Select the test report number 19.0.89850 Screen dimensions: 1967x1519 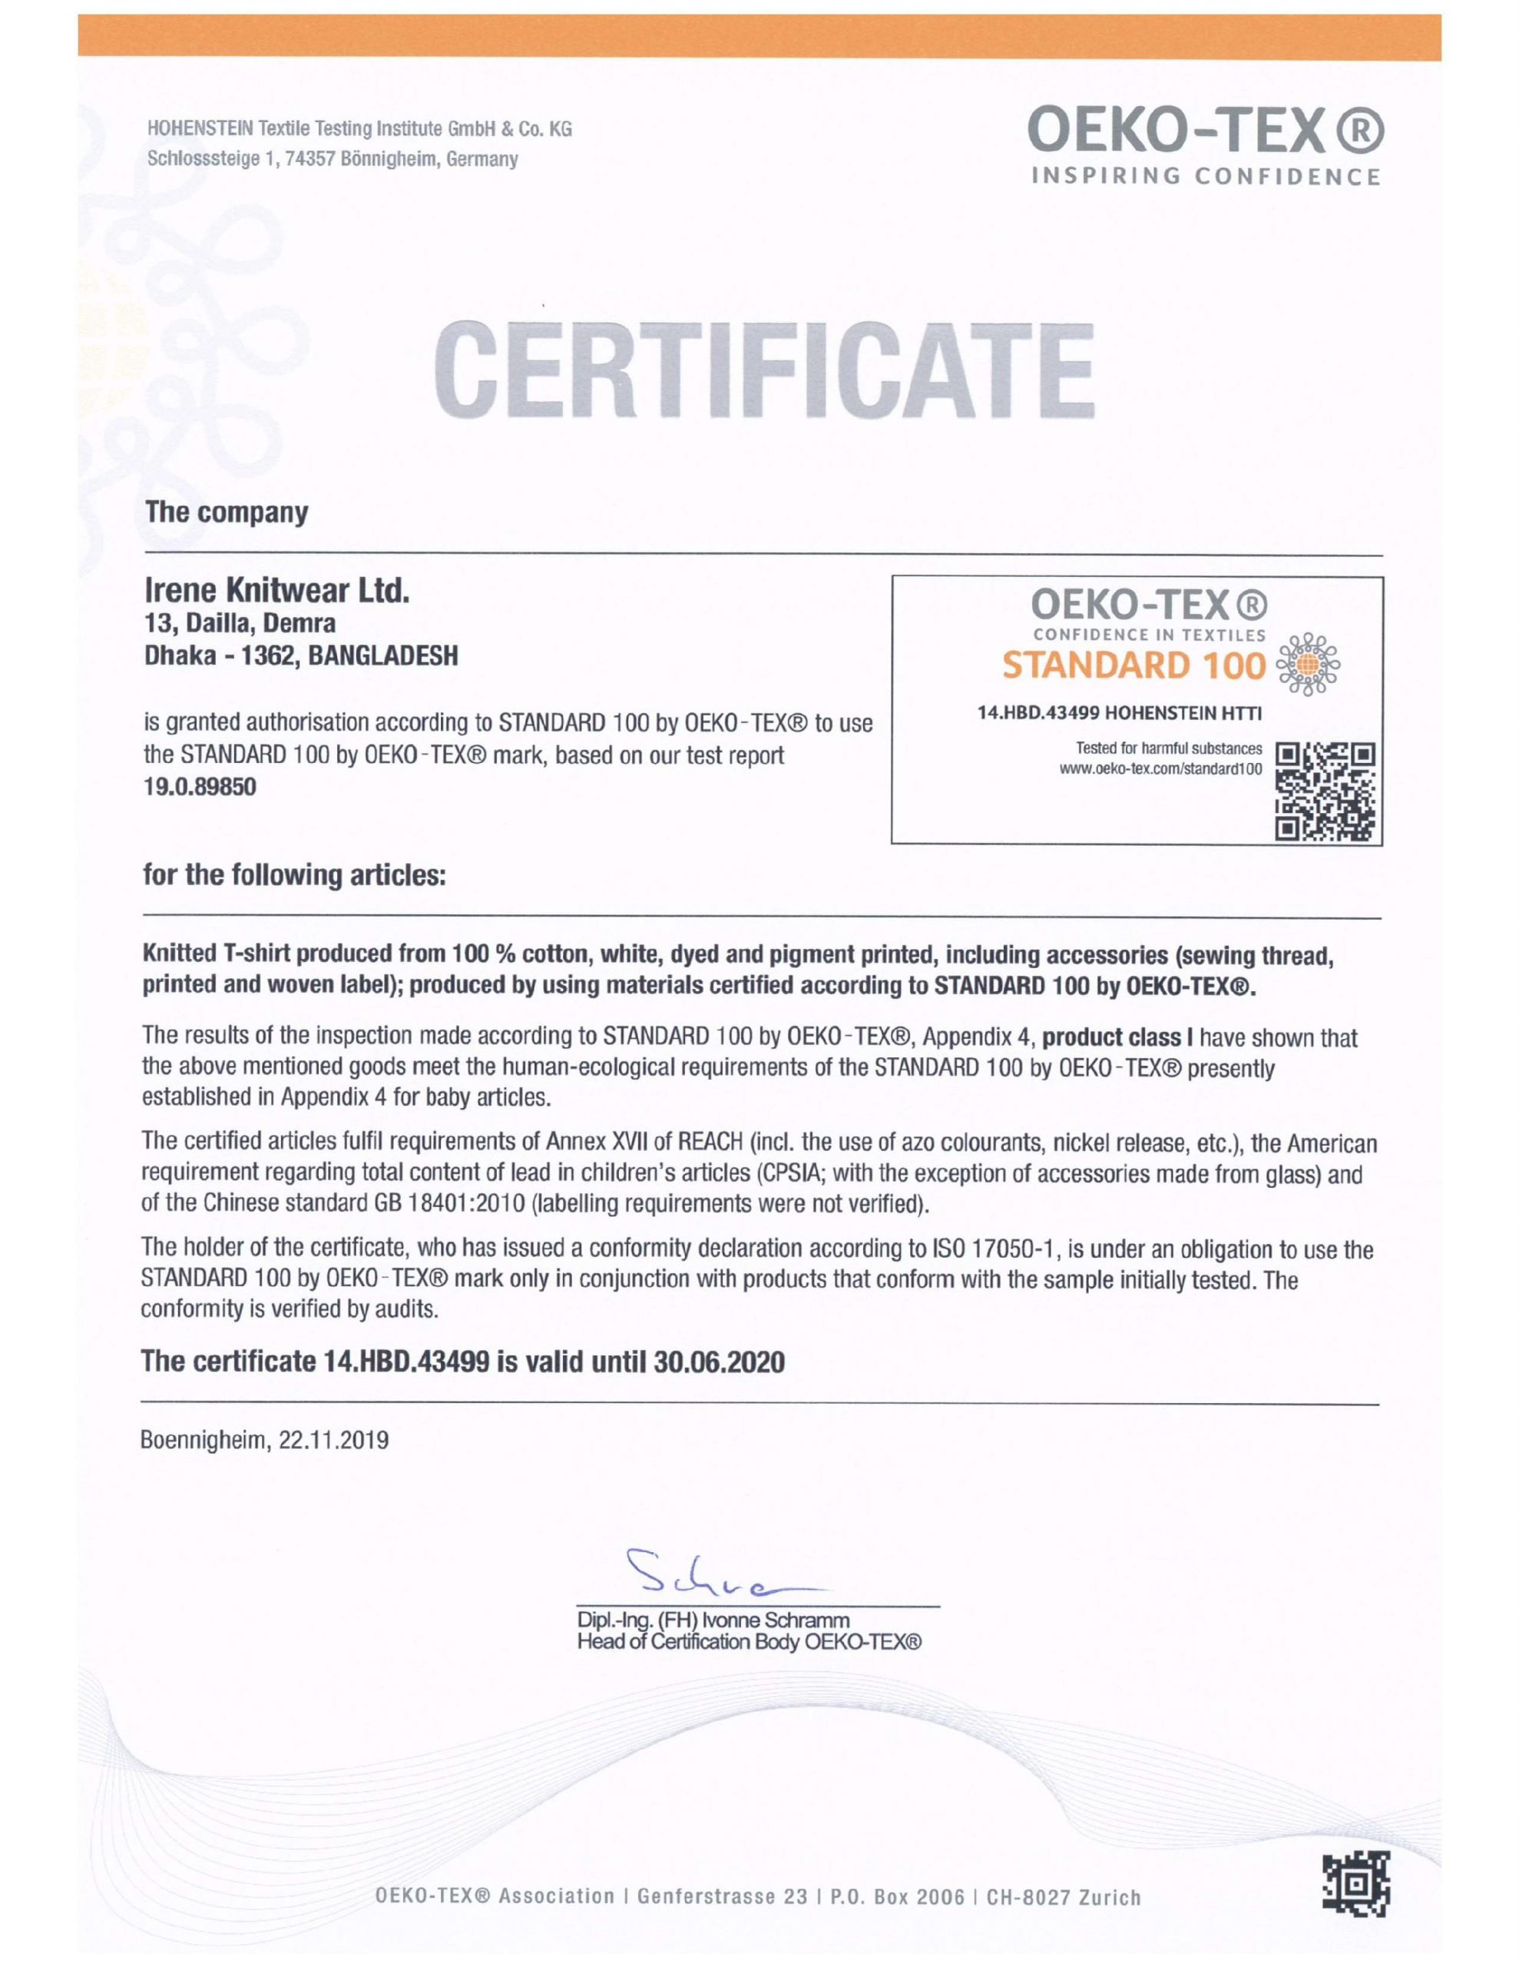200,786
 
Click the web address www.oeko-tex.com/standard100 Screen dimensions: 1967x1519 1163,768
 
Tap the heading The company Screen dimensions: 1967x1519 227,512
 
